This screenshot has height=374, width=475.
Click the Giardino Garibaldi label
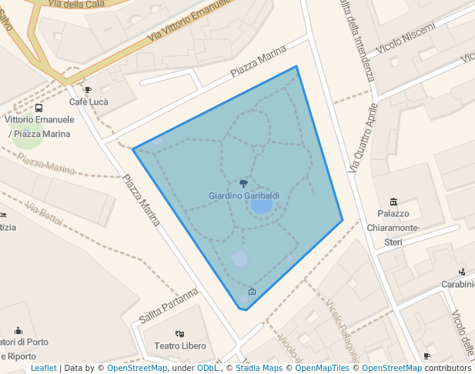pyautogui.click(x=243, y=196)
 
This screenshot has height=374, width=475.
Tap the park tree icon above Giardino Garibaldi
pyautogui.click(x=244, y=184)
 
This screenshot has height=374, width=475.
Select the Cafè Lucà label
pyautogui.click(x=89, y=102)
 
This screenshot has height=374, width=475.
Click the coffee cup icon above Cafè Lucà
pyautogui.click(x=88, y=90)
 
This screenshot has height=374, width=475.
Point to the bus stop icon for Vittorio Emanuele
pyautogui.click(x=39, y=109)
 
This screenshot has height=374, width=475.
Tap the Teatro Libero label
pyautogui.click(x=180, y=346)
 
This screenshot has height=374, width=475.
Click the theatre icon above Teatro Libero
pyautogui.click(x=179, y=334)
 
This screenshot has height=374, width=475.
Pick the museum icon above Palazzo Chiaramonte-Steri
pyautogui.click(x=393, y=202)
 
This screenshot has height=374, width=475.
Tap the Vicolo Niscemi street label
pyautogui.click(x=406, y=38)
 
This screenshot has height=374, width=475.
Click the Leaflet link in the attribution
pyautogui.click(x=43, y=368)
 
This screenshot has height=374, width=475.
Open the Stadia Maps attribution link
pyautogui.click(x=259, y=368)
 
